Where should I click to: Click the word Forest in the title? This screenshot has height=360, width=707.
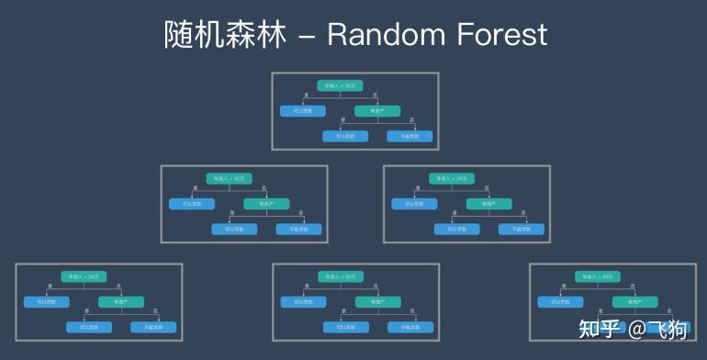500,35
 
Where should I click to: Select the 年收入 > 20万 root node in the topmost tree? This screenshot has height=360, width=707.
341,85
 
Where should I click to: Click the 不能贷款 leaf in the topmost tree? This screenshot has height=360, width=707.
410,136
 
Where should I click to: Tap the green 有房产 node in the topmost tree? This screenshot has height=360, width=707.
377,111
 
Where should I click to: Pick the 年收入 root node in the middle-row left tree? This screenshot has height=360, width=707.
229,179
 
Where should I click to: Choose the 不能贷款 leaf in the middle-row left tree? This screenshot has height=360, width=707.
299,230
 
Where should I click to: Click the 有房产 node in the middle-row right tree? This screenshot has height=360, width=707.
488,204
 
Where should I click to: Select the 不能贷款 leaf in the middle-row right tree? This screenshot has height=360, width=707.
522,230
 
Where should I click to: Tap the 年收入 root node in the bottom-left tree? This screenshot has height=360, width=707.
84,276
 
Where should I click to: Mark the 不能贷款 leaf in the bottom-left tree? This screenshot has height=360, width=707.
153,327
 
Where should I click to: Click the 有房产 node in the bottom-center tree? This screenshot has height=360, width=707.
377,301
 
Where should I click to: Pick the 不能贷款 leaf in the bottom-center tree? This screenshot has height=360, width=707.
410,327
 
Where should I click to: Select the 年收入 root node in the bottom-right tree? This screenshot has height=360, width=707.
598,276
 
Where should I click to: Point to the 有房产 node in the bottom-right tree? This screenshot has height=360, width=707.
634,301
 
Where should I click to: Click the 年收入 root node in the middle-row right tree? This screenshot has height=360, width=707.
452,179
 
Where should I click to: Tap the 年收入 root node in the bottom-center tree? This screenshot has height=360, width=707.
341,276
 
